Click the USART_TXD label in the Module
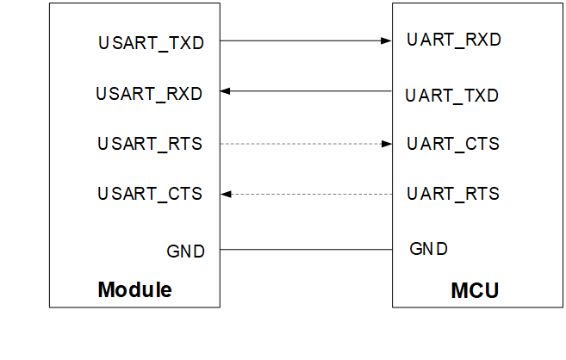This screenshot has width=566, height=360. [151, 42]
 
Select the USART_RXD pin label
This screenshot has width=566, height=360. [149, 93]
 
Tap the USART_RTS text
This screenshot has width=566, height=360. [150, 144]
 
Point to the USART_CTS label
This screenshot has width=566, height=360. [150, 194]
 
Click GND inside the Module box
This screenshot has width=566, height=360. [186, 251]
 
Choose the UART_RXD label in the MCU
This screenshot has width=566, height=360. [454, 40]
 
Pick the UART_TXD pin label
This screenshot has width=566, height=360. [452, 96]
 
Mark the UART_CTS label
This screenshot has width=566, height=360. [453, 144]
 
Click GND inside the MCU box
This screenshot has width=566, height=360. [428, 249]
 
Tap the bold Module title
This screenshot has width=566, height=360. [134, 289]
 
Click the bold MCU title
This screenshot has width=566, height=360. [475, 290]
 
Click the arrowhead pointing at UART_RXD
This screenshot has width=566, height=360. [387, 40]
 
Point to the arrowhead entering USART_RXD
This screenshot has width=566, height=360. [226, 90]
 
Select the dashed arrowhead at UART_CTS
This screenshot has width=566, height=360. [387, 144]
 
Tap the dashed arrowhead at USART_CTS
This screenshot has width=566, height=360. [226, 194]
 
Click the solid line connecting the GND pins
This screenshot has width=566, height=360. [306, 250]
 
